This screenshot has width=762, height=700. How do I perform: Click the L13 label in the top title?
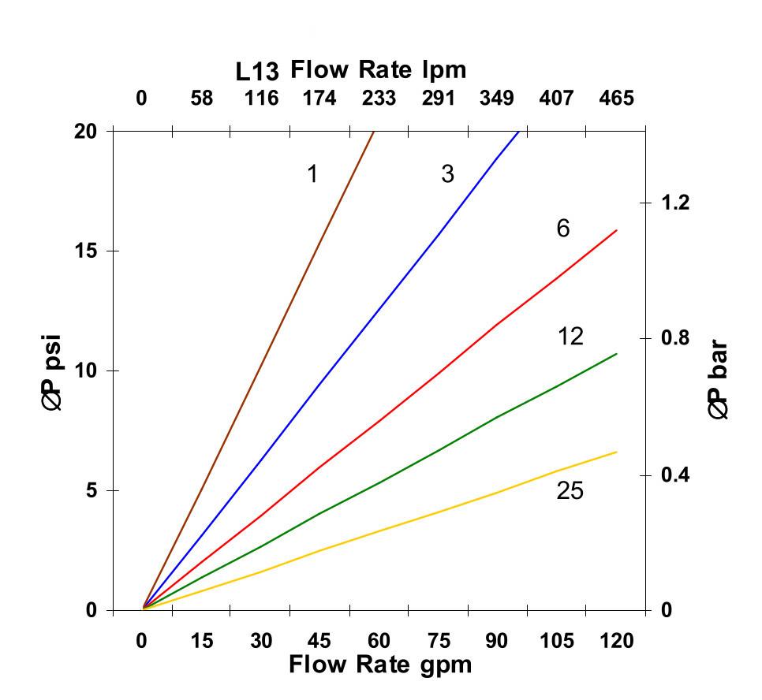257,72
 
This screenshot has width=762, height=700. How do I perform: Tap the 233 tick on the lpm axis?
379,99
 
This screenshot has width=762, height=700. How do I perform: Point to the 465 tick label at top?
616,99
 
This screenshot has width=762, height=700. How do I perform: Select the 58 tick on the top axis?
202,99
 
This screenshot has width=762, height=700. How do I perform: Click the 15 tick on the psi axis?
86,251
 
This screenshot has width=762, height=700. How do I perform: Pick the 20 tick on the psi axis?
86,132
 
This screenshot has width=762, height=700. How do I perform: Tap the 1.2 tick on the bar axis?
674,203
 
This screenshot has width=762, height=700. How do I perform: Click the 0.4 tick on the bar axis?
674,475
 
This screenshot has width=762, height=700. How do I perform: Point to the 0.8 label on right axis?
674,338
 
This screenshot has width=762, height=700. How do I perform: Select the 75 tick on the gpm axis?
439,641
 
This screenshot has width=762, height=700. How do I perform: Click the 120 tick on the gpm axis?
616,641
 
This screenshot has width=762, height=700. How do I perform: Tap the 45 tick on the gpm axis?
320,641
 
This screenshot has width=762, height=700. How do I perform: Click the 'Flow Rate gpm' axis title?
380,665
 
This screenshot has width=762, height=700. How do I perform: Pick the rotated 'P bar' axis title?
718,380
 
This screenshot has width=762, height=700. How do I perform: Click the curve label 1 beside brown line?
312,174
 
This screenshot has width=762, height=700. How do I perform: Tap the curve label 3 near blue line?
447,174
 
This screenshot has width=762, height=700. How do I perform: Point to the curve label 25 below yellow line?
570,491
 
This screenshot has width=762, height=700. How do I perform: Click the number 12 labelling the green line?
570,337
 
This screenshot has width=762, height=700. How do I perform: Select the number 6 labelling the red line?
562,229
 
